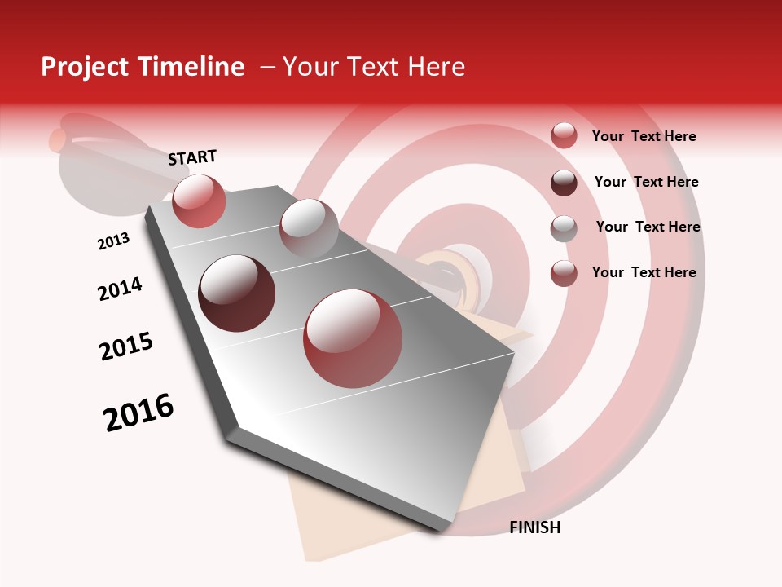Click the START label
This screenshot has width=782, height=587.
coord(192,157)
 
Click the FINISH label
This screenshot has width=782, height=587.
coord(534,527)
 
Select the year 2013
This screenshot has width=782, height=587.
coord(113,241)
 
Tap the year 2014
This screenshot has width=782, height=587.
coord(120,289)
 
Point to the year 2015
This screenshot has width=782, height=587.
coord(126,346)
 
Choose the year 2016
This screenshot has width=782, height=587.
coord(138,413)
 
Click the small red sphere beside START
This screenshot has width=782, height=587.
coord(199,201)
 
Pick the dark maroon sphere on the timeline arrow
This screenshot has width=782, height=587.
coord(237,293)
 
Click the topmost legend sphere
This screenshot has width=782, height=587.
coord(564,135)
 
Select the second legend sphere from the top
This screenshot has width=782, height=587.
coord(564,183)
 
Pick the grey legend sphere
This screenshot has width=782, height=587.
coord(564,228)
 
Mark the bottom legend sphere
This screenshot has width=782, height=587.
coord(564,273)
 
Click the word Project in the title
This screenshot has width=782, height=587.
coord(86,67)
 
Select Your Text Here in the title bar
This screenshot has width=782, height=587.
coord(374,67)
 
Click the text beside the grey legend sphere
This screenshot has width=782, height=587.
coord(648,227)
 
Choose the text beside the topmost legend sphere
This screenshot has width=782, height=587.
coord(644,136)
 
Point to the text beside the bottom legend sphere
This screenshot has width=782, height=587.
coord(644,272)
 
